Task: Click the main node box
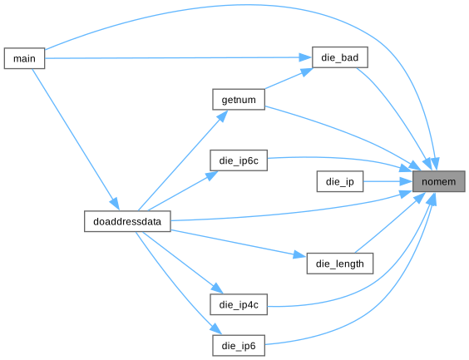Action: pyautogui.click(x=24, y=58)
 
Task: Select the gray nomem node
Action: pyautogui.click(x=438, y=181)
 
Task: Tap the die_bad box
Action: pyautogui.click(x=340, y=57)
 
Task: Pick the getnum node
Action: pyautogui.click(x=239, y=99)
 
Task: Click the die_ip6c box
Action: pyautogui.click(x=239, y=160)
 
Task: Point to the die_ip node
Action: pyautogui.click(x=340, y=181)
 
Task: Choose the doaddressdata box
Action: pyautogui.click(x=127, y=221)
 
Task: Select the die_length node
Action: pyautogui.click(x=340, y=264)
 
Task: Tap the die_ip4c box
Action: pyautogui.click(x=239, y=304)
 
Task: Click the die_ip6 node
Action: pyautogui.click(x=239, y=346)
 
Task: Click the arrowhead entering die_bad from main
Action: pyautogui.click(x=305, y=57)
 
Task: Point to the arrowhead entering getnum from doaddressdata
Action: pyautogui.click(x=223, y=116)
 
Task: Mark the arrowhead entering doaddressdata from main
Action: pyautogui.click(x=115, y=204)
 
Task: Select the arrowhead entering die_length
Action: pyautogui.click(x=299, y=254)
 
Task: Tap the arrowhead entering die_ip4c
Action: pyautogui.click(x=217, y=288)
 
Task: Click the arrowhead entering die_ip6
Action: pyautogui.click(x=216, y=328)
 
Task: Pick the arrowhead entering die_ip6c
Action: pyautogui.click(x=211, y=175)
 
